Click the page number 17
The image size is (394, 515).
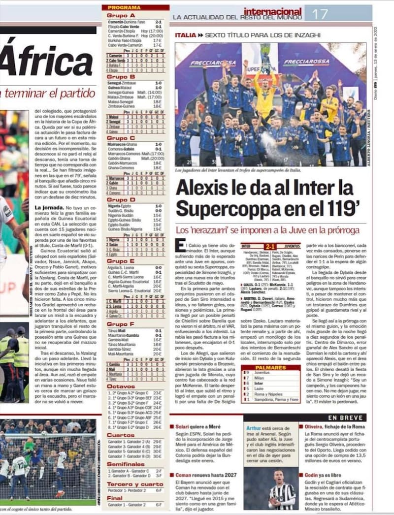click(x=321, y=14)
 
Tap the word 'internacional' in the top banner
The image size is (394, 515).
click(x=272, y=11)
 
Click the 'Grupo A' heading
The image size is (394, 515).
click(x=121, y=15)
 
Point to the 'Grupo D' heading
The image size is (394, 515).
click(x=121, y=199)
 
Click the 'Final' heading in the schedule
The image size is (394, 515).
click(x=115, y=498)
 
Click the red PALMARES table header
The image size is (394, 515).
click(x=270, y=367)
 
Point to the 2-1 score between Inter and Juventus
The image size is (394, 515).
click(x=270, y=246)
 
